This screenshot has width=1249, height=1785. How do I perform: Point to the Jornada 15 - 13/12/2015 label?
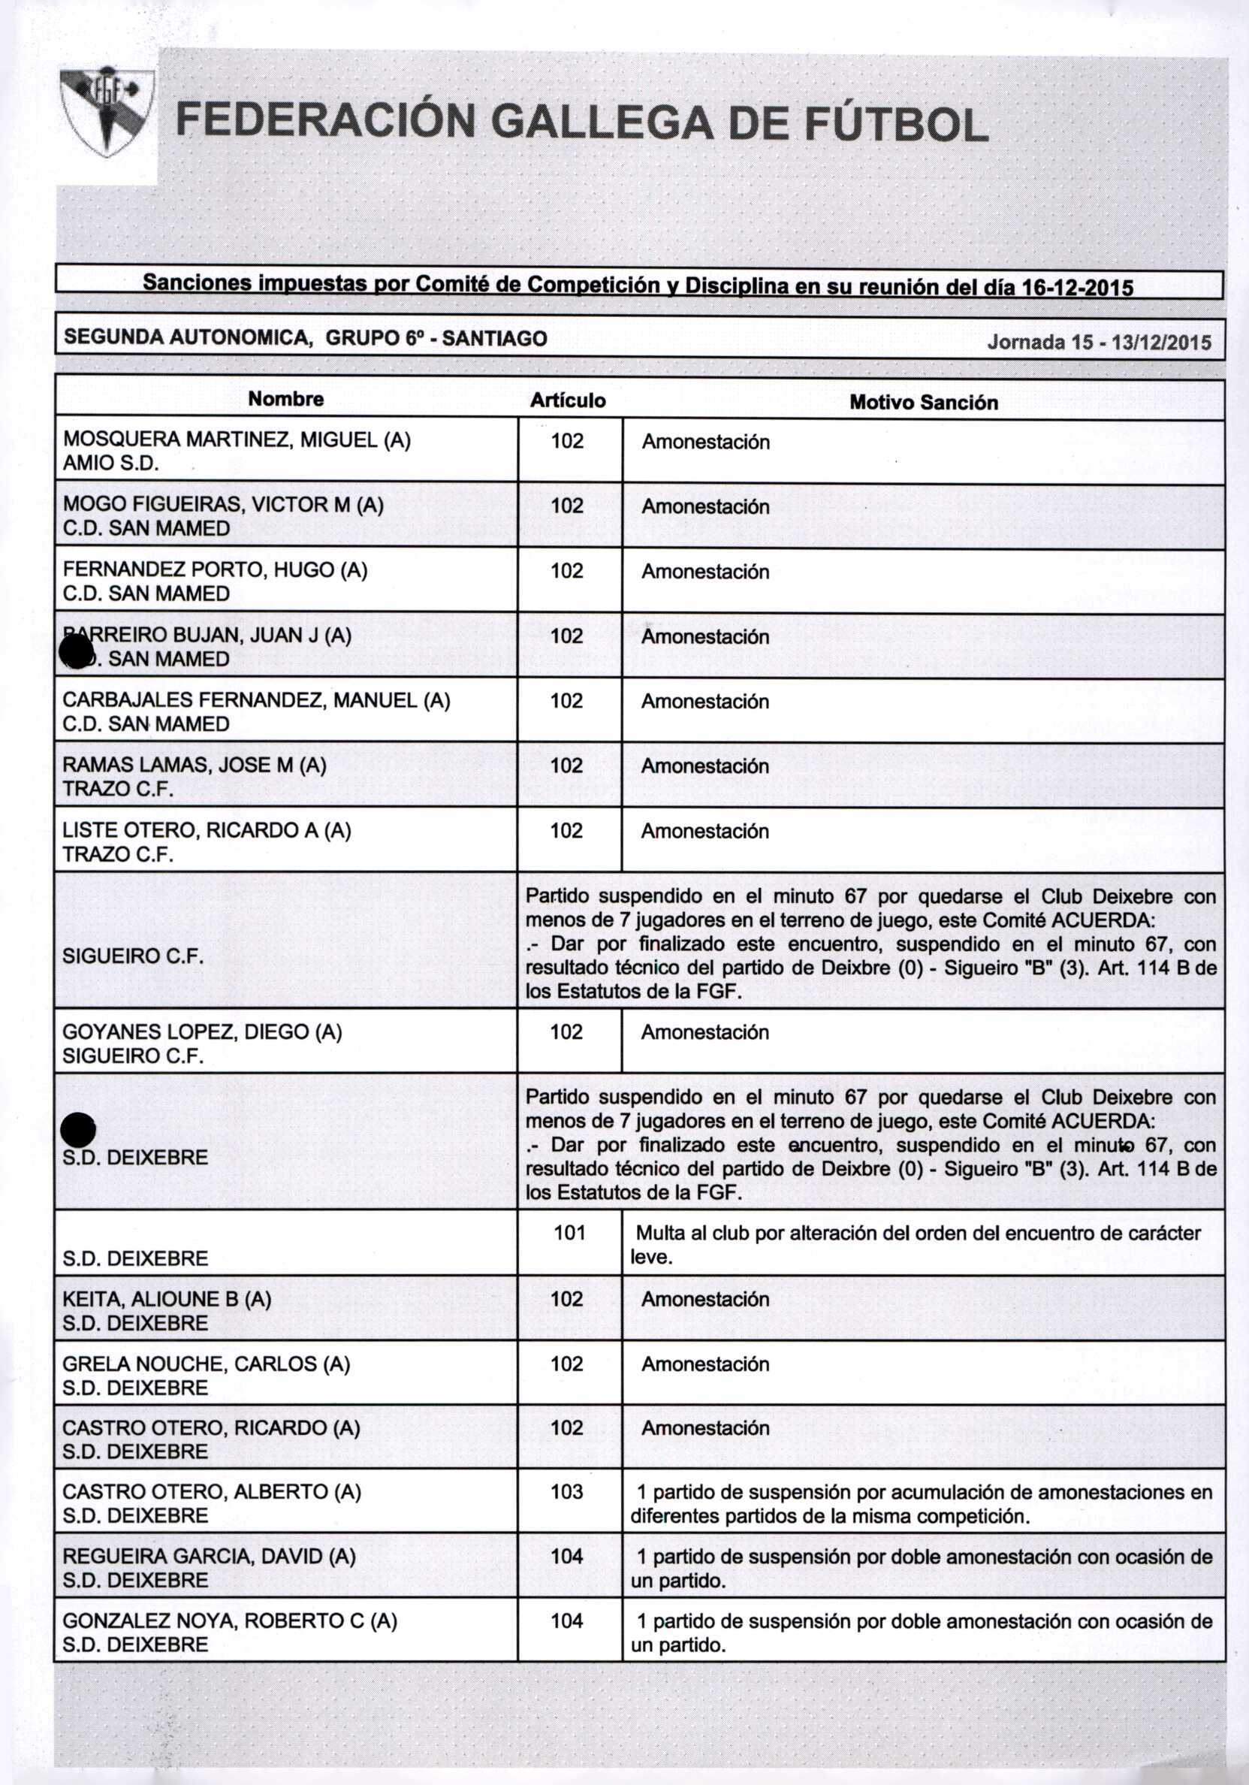click(x=1098, y=343)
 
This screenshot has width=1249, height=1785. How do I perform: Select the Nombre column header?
click(x=286, y=400)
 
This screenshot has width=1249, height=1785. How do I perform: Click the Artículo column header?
click(x=567, y=400)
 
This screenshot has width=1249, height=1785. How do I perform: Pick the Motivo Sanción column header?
click(x=922, y=403)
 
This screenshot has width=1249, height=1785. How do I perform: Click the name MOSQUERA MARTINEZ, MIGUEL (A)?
click(x=237, y=440)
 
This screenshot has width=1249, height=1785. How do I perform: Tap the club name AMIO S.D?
click(x=111, y=464)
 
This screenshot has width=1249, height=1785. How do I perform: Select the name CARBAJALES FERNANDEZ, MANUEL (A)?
click(x=256, y=700)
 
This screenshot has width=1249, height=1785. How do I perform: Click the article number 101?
click(x=569, y=1233)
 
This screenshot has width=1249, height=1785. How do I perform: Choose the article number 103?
click(x=566, y=1492)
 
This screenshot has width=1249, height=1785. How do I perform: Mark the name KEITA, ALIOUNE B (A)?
click(x=166, y=1299)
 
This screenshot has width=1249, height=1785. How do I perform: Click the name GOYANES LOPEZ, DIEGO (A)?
click(x=202, y=1031)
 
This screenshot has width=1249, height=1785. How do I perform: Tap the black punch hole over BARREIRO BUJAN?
click(x=77, y=650)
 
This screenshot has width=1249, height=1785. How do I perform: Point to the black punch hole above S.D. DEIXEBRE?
click(x=79, y=1129)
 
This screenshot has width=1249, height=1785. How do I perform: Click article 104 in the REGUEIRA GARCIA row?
click(x=566, y=1557)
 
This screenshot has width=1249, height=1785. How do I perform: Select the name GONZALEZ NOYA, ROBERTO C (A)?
click(x=229, y=1621)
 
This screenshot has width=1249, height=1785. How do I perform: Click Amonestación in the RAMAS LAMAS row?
click(x=705, y=766)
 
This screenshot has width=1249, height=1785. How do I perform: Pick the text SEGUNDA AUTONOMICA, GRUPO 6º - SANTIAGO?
click(x=305, y=338)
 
